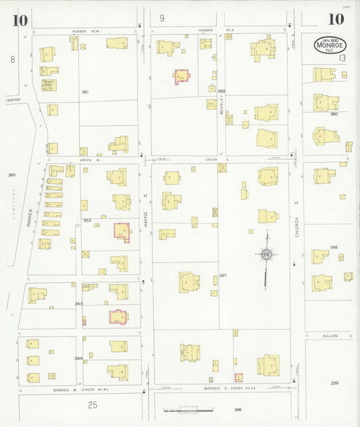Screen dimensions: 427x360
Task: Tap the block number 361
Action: (x=85, y=91)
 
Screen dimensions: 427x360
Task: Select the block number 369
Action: (x=221, y=91)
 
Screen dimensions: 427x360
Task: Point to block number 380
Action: (x=334, y=114)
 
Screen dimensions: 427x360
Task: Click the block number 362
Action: (x=86, y=220)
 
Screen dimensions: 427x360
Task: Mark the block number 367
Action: (x=222, y=275)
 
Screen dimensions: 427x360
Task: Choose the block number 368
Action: (x=334, y=247)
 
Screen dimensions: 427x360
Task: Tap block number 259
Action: (x=334, y=383)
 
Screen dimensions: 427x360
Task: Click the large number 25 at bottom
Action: (x=93, y=405)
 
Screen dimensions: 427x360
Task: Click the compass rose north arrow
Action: (x=267, y=254)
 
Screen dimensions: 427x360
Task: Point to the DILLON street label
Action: (x=330, y=335)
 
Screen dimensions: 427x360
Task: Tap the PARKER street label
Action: (x=30, y=217)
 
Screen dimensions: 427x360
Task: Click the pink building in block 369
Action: (x=182, y=76)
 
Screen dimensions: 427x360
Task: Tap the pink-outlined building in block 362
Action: (x=122, y=230)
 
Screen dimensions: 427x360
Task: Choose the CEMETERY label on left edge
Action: (x=14, y=100)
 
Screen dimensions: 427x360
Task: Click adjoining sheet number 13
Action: (x=342, y=59)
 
